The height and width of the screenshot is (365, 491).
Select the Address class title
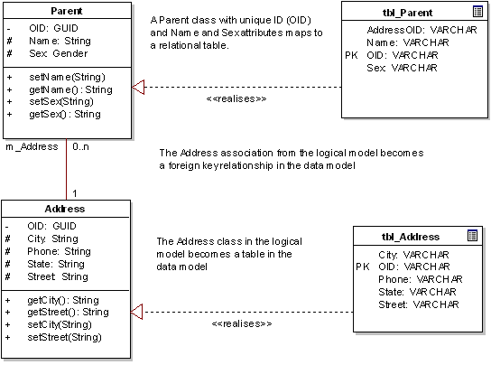[65, 210]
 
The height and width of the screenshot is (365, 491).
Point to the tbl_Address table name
[412, 237]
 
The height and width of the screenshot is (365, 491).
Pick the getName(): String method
[69, 89]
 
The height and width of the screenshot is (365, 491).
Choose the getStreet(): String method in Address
[69, 313]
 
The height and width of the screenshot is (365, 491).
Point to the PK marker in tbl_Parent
[351, 55]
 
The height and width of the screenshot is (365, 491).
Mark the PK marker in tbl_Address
[363, 267]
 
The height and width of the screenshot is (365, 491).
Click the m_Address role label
[32, 146]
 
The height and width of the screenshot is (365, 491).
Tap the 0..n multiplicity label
[81, 146]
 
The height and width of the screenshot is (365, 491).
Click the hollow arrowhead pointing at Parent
[139, 88]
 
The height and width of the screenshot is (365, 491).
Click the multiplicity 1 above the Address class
[75, 192]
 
